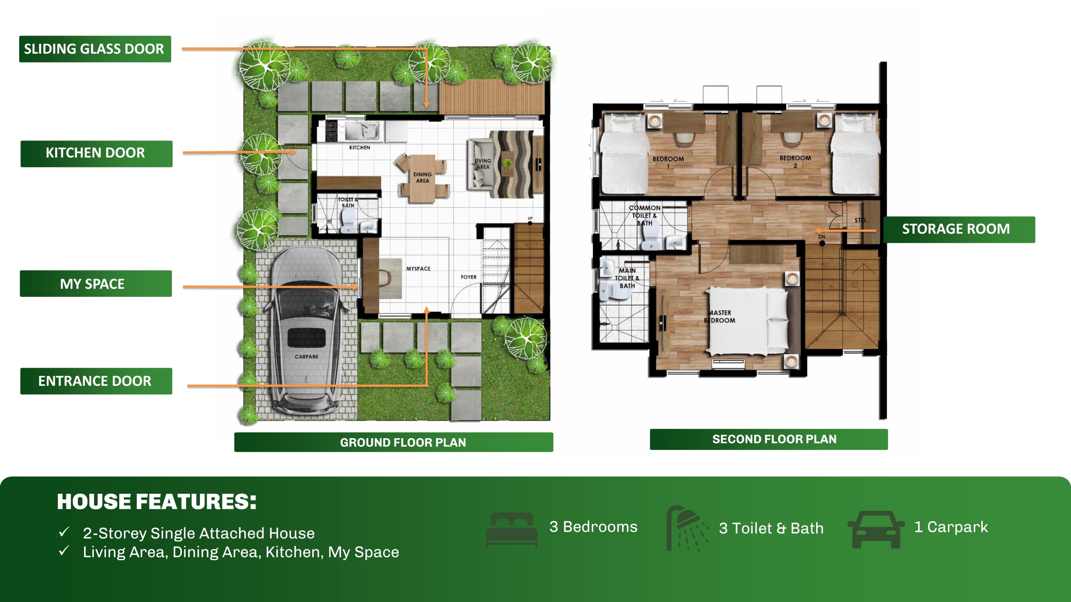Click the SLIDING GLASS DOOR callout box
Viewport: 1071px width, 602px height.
pyautogui.click(x=95, y=49)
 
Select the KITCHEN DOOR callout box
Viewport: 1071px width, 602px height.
pyautogui.click(x=96, y=153)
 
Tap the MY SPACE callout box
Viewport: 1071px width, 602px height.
pyautogui.click(x=96, y=283)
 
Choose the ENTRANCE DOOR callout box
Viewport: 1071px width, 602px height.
pyautogui.click(x=96, y=381)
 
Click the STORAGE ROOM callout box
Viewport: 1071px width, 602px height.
pyautogui.click(x=959, y=230)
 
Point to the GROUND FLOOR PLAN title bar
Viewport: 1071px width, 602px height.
pyautogui.click(x=394, y=442)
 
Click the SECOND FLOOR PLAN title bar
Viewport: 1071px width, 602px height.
pyautogui.click(x=769, y=439)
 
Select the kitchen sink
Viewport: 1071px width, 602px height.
pyautogui.click(x=362, y=131)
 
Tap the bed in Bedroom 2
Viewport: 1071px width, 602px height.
pyautogui.click(x=855, y=154)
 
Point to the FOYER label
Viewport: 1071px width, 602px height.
pyautogui.click(x=469, y=277)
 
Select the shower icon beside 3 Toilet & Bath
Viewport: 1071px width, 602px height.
pyautogui.click(x=687, y=528)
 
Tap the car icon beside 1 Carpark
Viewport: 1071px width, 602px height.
pyautogui.click(x=876, y=529)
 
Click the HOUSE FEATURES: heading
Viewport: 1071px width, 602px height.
pyautogui.click(x=156, y=502)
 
